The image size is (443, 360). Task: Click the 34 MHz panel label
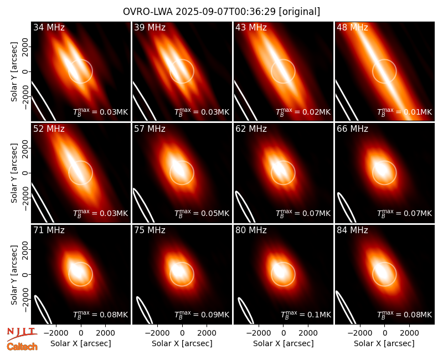49,27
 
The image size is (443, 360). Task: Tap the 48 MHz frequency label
352,27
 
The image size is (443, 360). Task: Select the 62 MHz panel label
251,129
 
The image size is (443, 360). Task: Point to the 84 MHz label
352,230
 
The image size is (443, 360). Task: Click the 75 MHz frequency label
150,230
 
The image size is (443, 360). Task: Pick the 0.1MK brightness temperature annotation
306,315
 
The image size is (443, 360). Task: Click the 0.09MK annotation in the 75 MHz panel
202,315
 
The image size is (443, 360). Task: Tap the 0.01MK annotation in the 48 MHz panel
405,112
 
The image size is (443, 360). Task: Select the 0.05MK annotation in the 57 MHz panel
202,213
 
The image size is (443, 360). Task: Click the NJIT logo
22,334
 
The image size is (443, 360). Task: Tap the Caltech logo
22,347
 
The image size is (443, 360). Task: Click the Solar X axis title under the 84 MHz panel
384,343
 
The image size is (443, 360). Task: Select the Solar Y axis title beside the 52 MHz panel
14,173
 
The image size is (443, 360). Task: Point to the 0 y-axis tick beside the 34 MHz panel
26,71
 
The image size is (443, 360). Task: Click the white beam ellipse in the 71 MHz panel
43,310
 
